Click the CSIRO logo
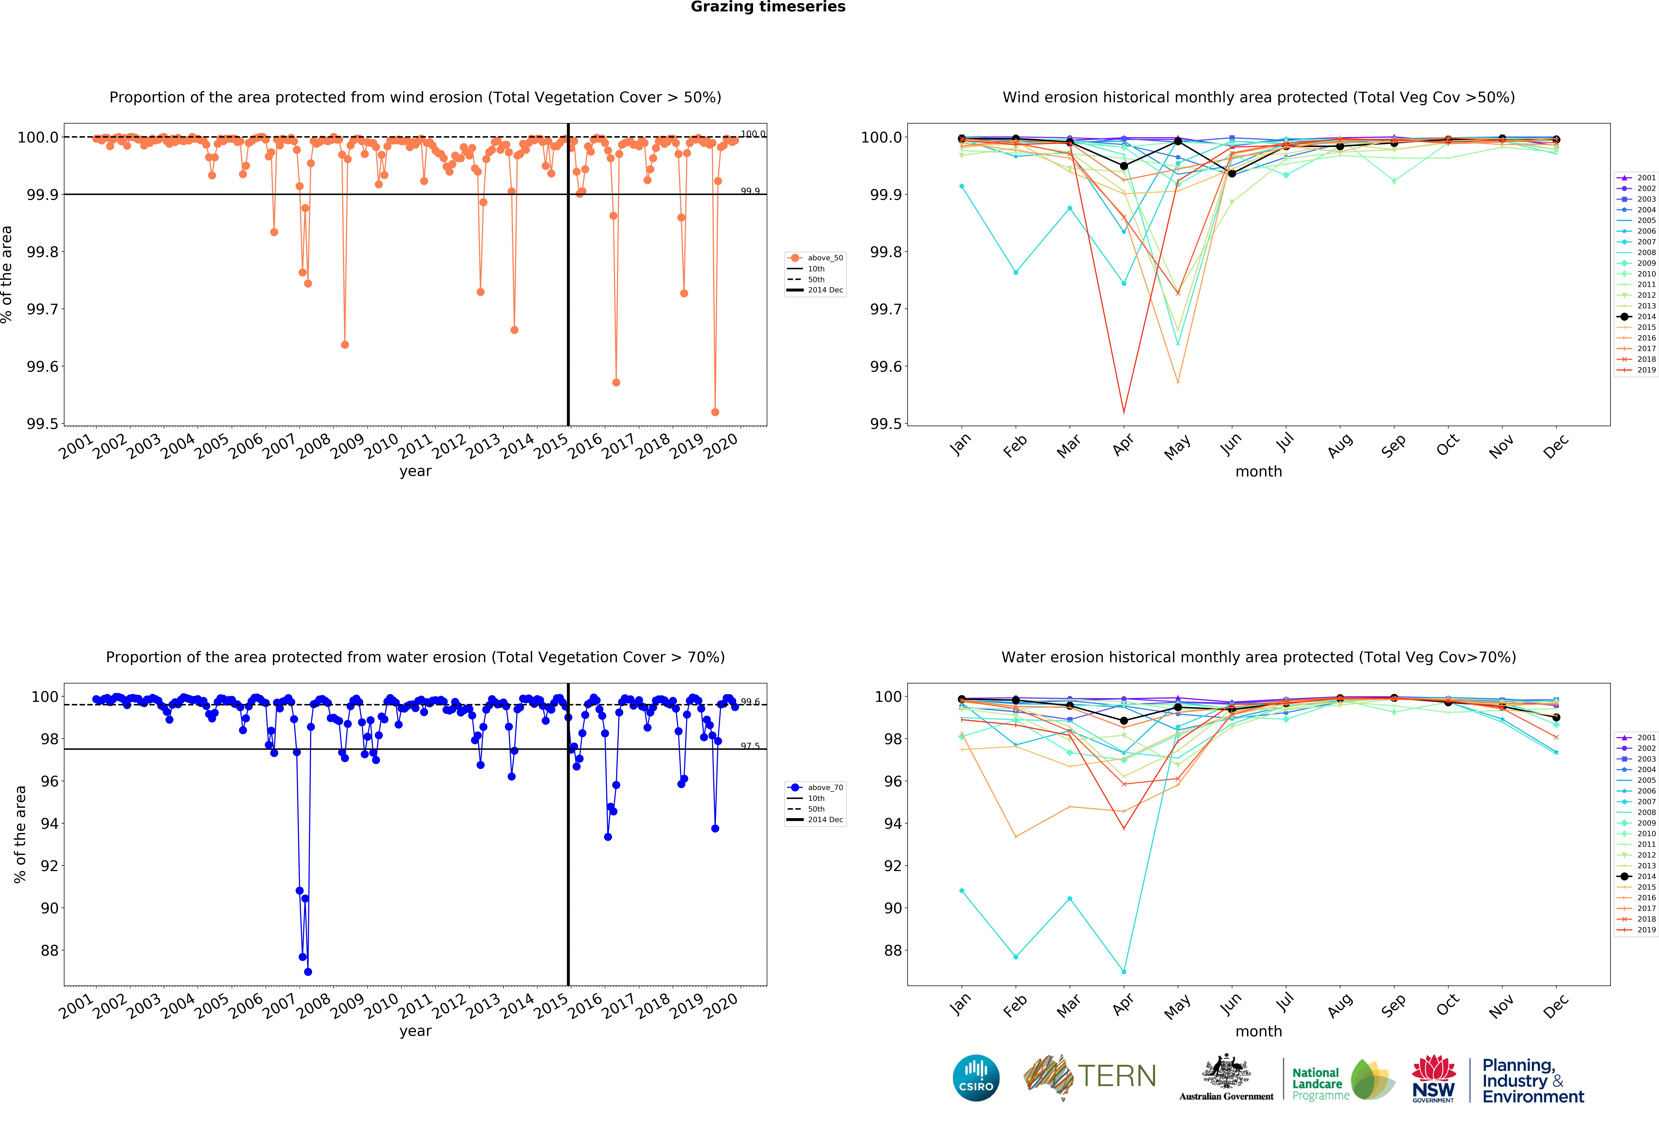[x=976, y=1077]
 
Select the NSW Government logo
[x=1433, y=1078]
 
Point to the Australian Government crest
[x=1226, y=1071]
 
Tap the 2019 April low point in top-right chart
[x=1124, y=412]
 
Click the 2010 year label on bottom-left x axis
[x=381, y=1005]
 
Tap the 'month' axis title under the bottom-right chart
[x=1259, y=1031]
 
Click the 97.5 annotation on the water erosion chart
[x=750, y=745]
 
